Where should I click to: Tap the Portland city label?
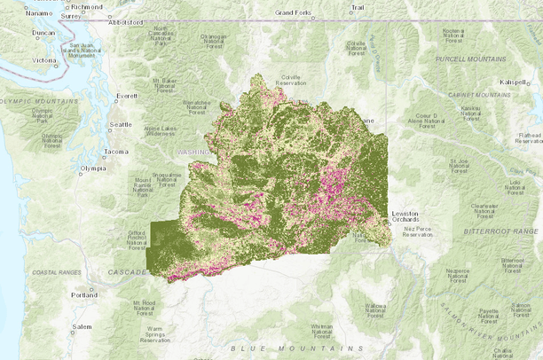point(85,293)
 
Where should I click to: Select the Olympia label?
point(92,168)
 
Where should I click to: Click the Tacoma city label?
point(116,152)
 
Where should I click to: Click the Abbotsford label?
point(125,24)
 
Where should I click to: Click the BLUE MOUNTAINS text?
point(296,348)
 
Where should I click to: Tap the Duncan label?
point(43,33)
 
